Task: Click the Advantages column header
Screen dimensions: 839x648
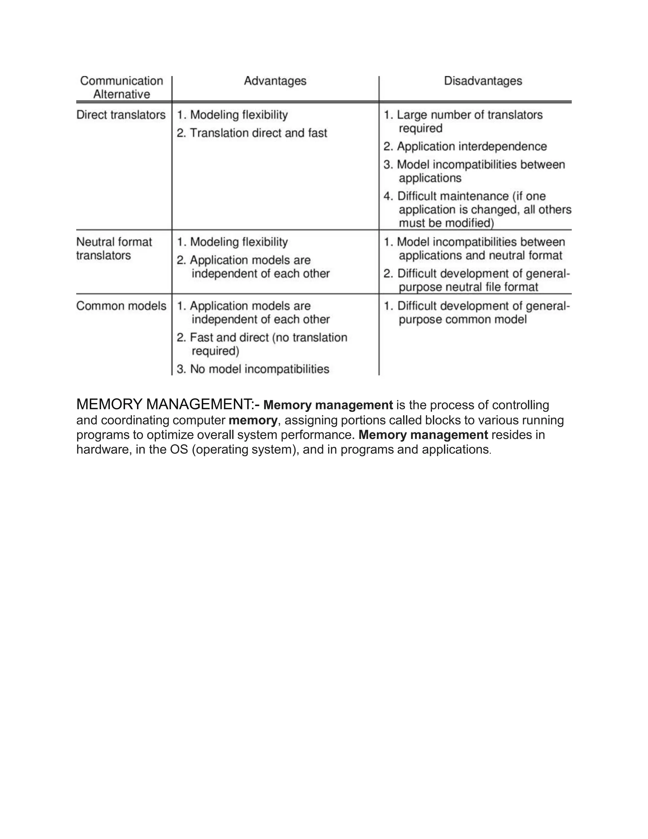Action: click(275, 81)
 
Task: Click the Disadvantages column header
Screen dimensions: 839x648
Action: click(483, 81)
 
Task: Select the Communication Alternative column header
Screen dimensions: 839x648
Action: click(121, 88)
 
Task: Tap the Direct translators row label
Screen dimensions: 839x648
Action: click(121, 115)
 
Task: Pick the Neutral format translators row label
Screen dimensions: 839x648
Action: click(114, 249)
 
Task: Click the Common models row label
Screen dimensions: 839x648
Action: click(121, 306)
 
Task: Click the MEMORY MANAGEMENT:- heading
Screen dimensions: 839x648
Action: click(168, 405)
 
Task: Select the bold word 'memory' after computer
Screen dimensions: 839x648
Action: click(252, 420)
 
